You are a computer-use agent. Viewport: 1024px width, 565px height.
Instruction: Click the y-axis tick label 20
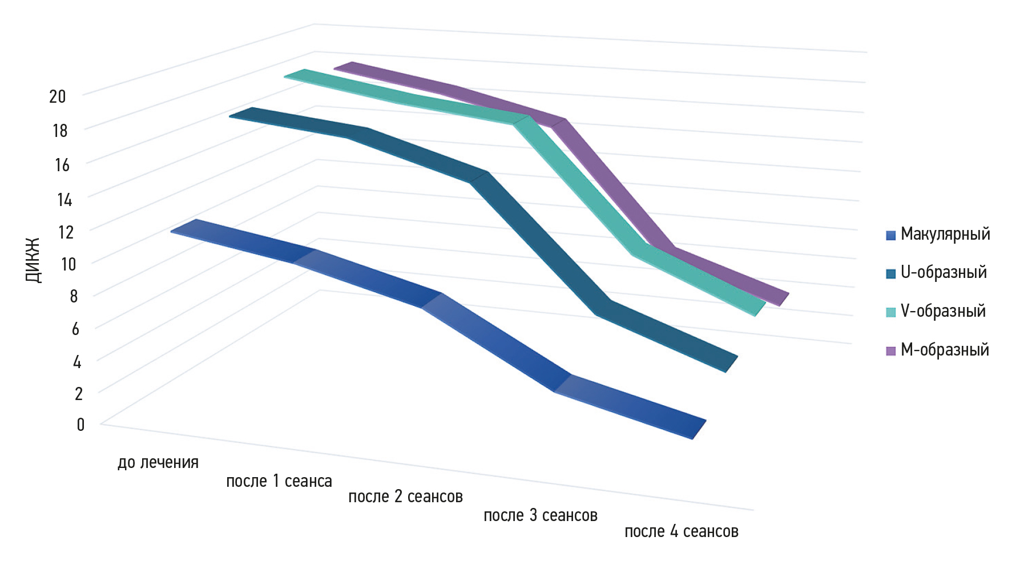pos(58,96)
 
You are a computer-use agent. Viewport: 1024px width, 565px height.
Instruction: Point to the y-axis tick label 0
pos(80,424)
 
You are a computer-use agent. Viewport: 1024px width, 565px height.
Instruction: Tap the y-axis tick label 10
pos(68,264)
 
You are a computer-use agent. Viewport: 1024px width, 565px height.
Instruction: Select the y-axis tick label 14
pos(64,199)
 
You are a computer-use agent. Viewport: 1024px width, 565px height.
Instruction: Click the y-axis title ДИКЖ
pos(34,260)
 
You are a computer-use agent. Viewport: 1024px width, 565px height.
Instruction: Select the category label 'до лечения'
pos(158,462)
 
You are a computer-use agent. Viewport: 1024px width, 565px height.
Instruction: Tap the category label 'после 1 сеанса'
pos(279,481)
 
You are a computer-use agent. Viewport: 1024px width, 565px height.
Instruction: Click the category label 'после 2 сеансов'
pos(405,497)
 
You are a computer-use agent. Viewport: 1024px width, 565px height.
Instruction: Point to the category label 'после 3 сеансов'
pos(540,515)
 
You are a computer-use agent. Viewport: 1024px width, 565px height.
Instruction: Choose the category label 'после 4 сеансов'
pos(682,531)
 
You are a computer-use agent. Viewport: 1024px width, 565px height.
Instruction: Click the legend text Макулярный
pos(945,234)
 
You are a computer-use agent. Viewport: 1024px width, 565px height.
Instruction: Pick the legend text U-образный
pos(944,272)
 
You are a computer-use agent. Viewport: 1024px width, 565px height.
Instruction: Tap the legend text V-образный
pos(943,311)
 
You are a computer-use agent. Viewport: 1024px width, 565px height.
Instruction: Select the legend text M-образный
pos(945,350)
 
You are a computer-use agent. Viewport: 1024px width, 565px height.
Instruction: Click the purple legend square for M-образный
pos(890,351)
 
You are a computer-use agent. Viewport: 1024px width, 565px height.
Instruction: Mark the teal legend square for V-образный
pos(890,312)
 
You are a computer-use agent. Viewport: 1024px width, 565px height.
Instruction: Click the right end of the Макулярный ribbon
pos(699,430)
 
